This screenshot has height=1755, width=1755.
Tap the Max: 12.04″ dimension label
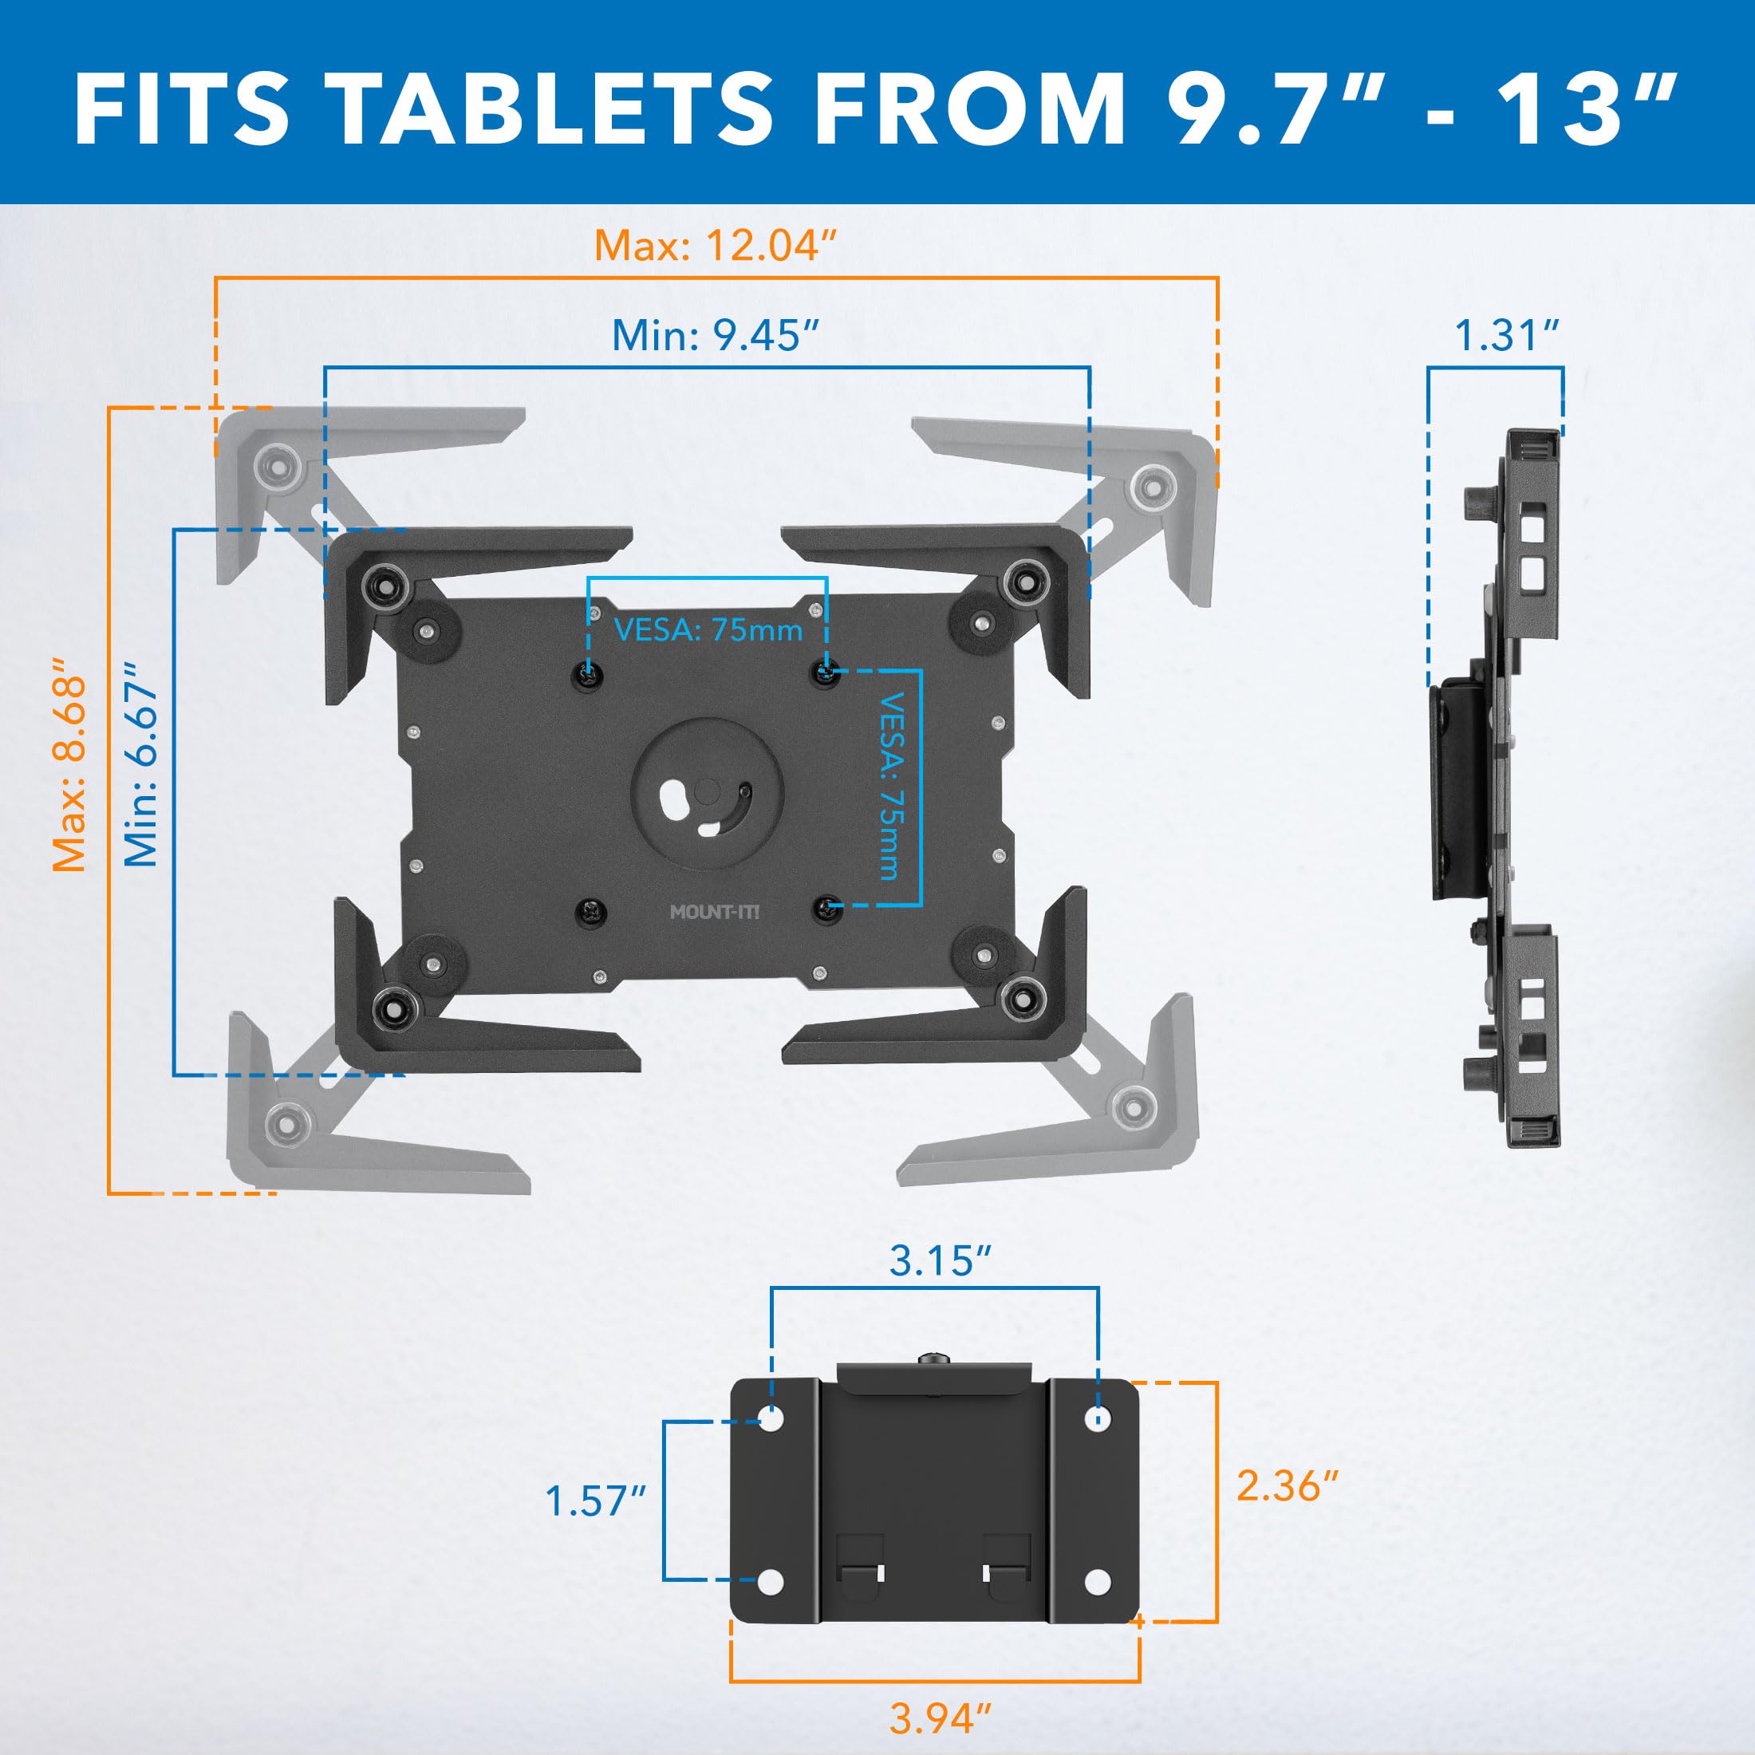pos(715,246)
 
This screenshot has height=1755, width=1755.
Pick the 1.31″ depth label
pos(1507,335)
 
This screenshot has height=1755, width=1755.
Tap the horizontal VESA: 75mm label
pos(708,629)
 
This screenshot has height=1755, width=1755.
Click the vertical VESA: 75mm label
pos(892,787)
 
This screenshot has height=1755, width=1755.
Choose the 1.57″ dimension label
pos(595,1501)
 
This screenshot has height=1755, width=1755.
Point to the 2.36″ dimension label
pos(1288,1486)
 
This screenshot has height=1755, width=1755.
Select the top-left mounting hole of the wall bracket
pos(771,1418)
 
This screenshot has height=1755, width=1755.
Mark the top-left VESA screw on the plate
pos(589,674)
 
